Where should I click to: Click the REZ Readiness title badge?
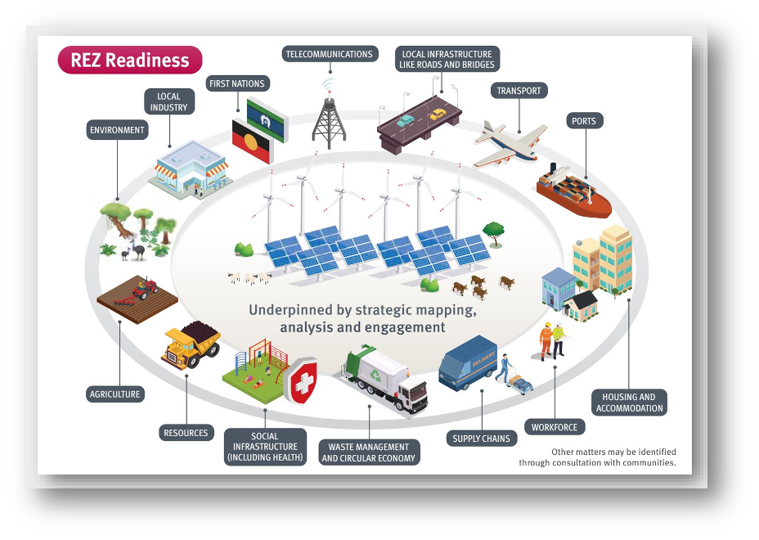[130, 60]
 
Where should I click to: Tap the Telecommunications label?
[329, 54]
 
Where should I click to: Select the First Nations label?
[237, 83]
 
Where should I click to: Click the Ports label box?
[584, 121]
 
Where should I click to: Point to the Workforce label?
[555, 427]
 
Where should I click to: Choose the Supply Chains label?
[482, 439]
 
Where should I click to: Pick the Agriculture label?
[115, 394]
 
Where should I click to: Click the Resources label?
[186, 432]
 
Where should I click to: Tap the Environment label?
[117, 130]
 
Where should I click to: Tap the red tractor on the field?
[145, 288]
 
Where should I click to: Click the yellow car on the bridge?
[438, 115]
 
